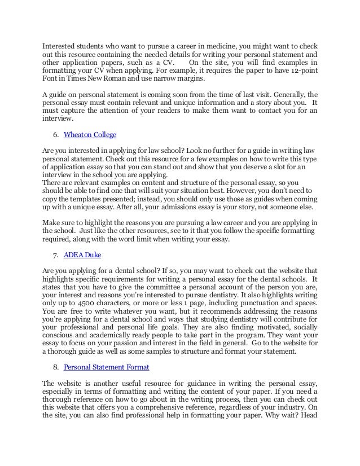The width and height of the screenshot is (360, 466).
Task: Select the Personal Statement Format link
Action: (x=107, y=367)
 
